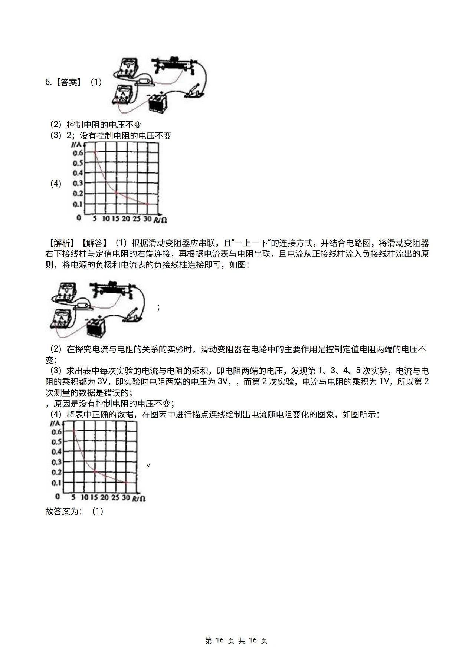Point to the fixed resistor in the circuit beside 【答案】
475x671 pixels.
pos(144,80)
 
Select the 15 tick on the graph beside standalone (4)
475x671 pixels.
pos(116,219)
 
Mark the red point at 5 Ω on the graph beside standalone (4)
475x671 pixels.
pos(95,152)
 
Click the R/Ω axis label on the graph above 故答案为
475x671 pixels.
pos(139,498)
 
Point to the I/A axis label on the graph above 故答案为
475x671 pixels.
pos(56,423)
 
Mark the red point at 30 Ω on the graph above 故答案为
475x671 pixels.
pos(126,483)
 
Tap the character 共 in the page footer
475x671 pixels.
pos(242,641)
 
